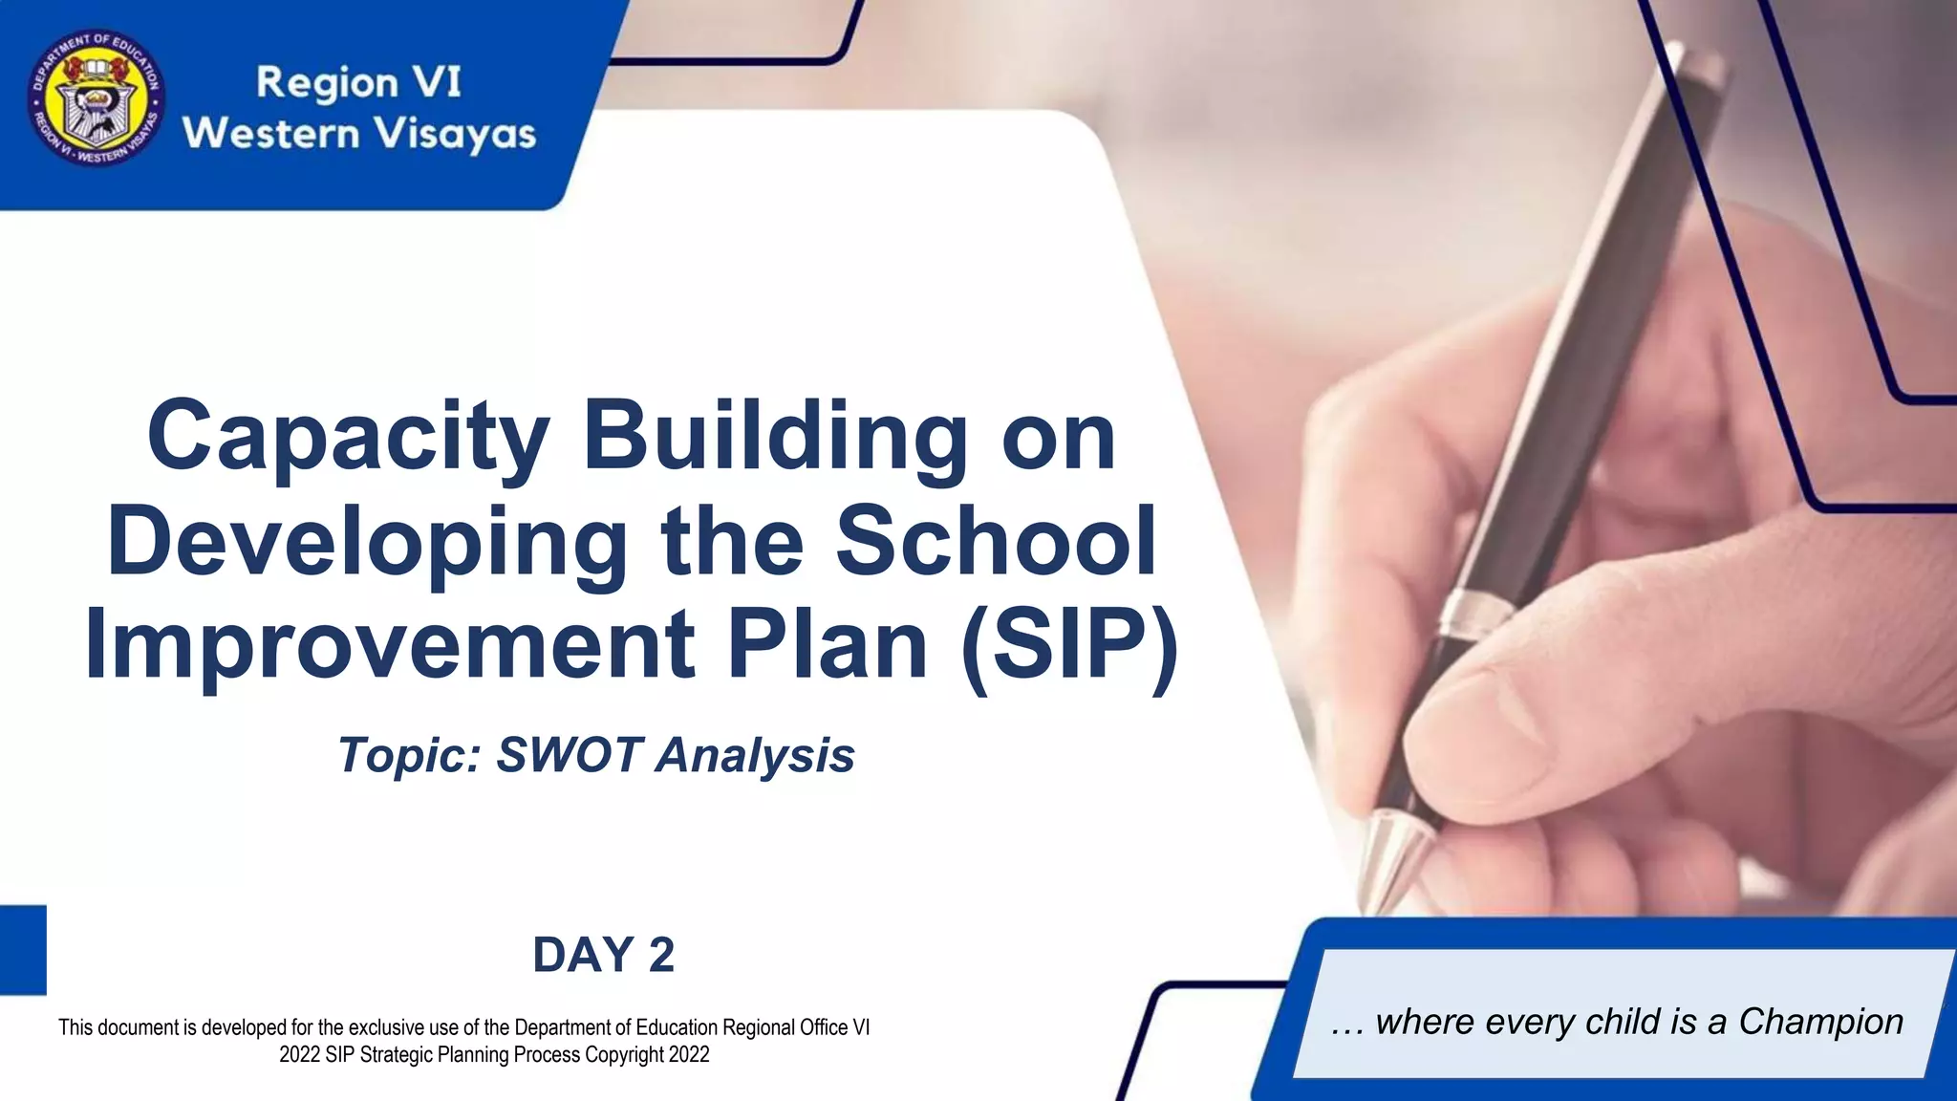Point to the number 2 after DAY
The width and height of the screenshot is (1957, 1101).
(660, 955)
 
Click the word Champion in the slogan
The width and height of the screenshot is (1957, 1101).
(1820, 1022)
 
